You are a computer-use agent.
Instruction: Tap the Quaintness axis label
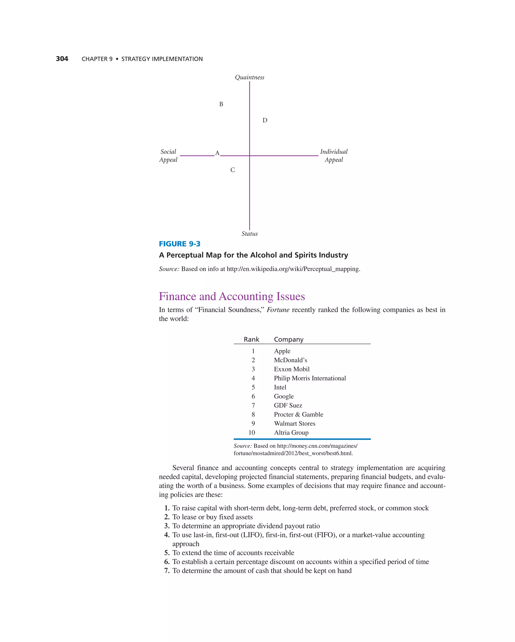coord(249,77)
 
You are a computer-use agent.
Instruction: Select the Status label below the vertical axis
coord(249,234)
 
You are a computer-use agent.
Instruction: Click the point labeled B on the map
coord(221,104)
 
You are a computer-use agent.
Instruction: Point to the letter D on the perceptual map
coord(265,120)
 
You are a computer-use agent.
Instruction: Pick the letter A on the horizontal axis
coord(217,153)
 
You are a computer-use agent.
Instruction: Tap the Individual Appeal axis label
coord(334,156)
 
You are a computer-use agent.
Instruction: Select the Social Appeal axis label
coord(168,156)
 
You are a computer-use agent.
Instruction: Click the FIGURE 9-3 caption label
coord(179,244)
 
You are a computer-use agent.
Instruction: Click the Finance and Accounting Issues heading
coord(232,296)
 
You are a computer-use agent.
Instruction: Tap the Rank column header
coord(251,339)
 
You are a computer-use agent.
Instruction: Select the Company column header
coord(288,339)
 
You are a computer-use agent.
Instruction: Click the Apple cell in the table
coord(282,351)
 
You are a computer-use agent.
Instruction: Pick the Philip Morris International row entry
coord(310,378)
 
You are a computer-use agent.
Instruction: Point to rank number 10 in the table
coord(252,432)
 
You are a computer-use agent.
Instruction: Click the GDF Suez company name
coord(288,405)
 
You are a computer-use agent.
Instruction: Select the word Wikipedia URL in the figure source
coord(293,269)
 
